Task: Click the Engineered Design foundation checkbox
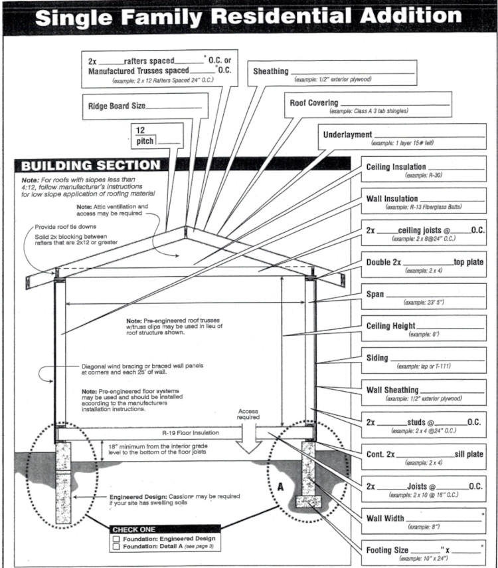[x=116, y=538]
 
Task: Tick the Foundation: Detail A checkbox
[x=116, y=546]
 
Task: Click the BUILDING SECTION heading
[x=91, y=166]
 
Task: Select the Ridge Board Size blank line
[x=174, y=106]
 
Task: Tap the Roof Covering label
[x=314, y=103]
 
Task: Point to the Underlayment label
[x=347, y=135]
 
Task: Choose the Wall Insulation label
[x=392, y=199]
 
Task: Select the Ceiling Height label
[x=391, y=326]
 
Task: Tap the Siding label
[x=377, y=358]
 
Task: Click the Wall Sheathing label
[x=392, y=390]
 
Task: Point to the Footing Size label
[x=387, y=550]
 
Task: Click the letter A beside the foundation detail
[x=280, y=486]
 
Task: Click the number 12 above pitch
[x=140, y=130]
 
